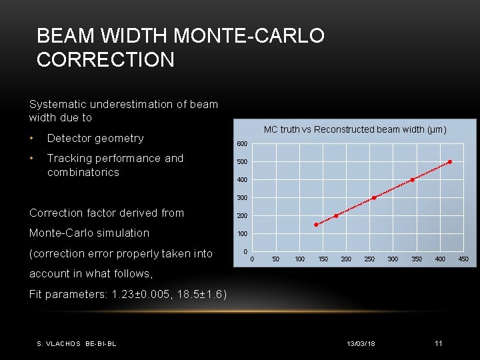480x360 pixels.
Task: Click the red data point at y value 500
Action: (x=450, y=162)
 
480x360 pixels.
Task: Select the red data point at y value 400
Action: (x=412, y=180)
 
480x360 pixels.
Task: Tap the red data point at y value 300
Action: (x=374, y=198)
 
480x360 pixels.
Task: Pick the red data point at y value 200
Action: (x=336, y=215)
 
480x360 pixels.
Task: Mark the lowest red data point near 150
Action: (x=316, y=225)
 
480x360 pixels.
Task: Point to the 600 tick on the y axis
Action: (x=242, y=145)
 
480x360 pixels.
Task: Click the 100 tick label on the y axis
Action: (x=242, y=234)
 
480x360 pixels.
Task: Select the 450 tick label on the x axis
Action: (x=463, y=259)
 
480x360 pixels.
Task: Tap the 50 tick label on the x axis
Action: (x=275, y=259)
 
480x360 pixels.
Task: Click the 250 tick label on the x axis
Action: (x=369, y=259)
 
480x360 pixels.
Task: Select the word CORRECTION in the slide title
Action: (x=105, y=60)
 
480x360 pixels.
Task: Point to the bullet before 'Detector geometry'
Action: (x=32, y=139)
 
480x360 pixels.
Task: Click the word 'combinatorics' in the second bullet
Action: (x=83, y=172)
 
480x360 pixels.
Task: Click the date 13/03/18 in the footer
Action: (x=361, y=343)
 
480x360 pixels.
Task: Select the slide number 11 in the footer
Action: (x=438, y=343)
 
